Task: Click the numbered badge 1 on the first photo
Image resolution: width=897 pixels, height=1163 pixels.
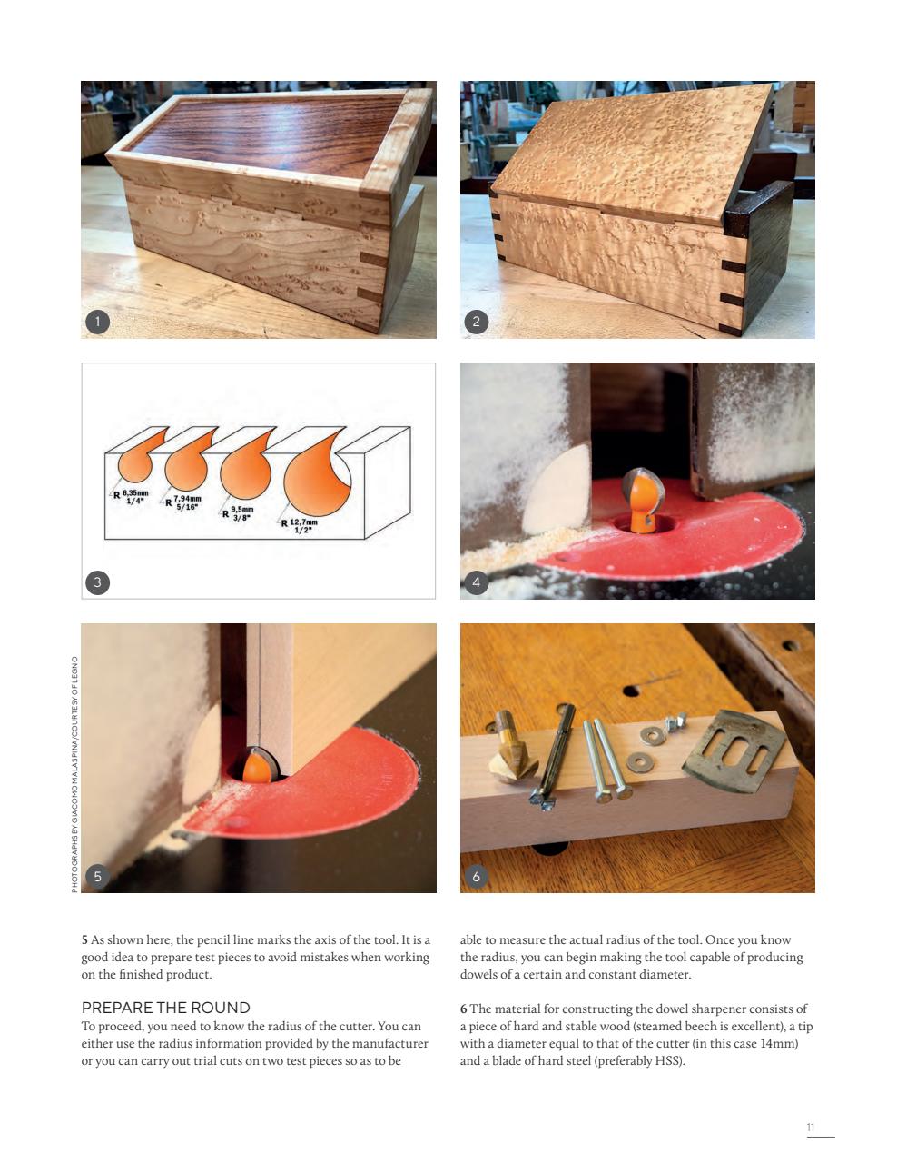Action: click(97, 321)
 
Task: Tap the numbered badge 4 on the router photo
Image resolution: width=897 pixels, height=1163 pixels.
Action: click(477, 582)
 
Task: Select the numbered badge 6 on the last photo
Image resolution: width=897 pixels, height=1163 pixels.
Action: click(477, 876)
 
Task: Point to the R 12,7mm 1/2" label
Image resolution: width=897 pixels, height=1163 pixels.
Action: click(301, 526)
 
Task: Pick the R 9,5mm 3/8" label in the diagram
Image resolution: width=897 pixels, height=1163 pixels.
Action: click(240, 514)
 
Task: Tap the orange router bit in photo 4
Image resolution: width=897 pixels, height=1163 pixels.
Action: click(640, 502)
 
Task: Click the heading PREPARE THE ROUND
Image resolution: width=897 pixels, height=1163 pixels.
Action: click(166, 1008)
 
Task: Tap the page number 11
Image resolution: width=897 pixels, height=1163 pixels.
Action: click(811, 1128)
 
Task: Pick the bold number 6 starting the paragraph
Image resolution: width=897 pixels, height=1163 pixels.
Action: click(463, 1009)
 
